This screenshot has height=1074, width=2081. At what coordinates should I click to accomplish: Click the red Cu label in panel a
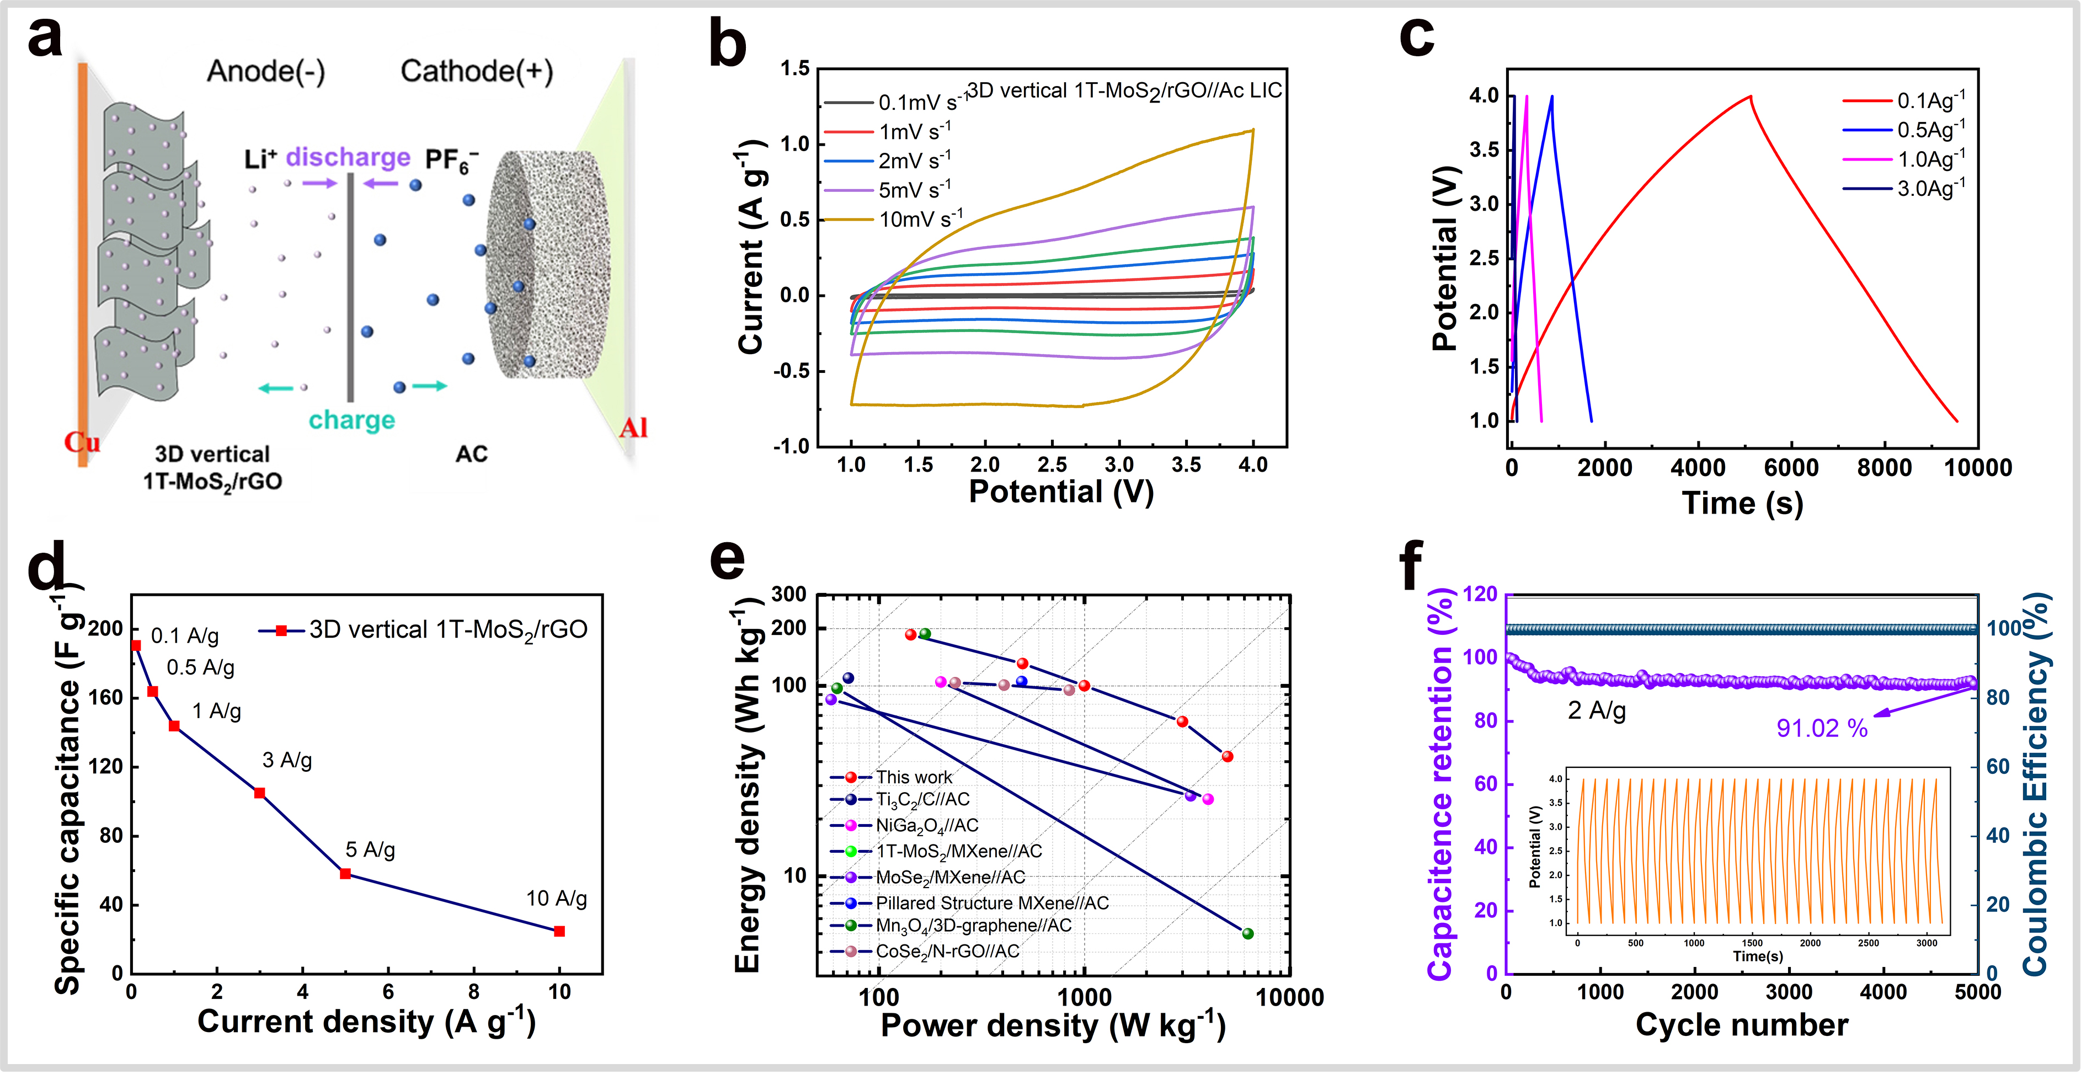(x=82, y=442)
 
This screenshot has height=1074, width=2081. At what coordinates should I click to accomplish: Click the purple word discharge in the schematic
(x=348, y=157)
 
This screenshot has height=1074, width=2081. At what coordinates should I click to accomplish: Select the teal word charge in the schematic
(x=352, y=420)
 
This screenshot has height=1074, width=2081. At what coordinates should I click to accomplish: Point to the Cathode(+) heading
(x=477, y=71)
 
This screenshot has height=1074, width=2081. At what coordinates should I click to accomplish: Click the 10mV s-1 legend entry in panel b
(x=920, y=219)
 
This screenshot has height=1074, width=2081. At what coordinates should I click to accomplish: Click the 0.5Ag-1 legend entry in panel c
(x=1931, y=129)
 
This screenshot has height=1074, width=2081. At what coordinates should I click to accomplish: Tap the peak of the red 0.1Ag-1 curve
(x=1750, y=96)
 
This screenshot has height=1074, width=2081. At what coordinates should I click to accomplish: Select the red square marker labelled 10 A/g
(x=559, y=931)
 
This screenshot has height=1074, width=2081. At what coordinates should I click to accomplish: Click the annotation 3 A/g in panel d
(x=287, y=760)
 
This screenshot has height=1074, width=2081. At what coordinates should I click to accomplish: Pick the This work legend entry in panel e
(x=914, y=777)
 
